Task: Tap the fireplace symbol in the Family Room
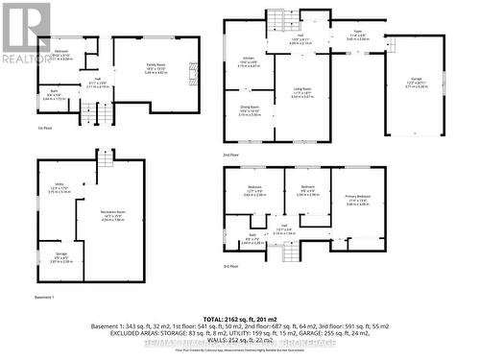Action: (190, 70)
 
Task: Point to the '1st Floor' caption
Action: (44, 128)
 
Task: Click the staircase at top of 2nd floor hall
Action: (278, 20)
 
